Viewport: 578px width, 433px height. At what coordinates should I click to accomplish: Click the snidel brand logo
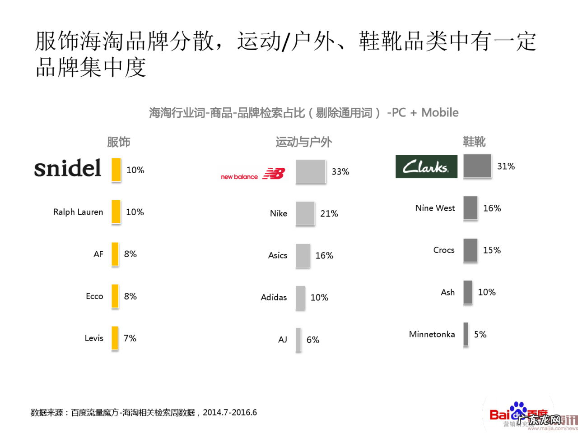(68, 169)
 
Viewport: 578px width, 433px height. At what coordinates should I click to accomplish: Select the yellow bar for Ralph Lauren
(116, 212)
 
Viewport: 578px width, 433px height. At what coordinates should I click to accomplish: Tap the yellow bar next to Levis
(115, 338)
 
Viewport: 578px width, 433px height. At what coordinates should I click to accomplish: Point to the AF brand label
(98, 254)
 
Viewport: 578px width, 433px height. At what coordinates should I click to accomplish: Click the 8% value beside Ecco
(131, 296)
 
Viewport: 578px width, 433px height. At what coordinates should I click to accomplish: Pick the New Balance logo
(253, 174)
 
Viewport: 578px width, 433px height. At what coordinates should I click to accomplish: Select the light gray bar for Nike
(305, 213)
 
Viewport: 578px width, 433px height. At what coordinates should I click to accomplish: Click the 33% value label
(340, 171)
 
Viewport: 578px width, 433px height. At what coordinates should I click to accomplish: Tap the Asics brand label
(278, 255)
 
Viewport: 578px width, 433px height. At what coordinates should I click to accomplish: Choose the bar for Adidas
(300, 297)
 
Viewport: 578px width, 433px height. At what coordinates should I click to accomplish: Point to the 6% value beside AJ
(313, 340)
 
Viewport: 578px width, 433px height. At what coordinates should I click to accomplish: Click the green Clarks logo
(426, 166)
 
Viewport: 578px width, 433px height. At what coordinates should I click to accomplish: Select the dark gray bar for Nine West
(470, 208)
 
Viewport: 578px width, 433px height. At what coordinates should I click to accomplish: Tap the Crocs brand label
(444, 250)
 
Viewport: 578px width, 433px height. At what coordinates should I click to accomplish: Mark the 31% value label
(506, 166)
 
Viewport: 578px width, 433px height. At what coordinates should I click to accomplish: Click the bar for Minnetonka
(466, 334)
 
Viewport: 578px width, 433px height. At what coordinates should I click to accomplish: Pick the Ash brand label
(448, 292)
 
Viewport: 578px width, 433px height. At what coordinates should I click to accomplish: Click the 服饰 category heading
(119, 142)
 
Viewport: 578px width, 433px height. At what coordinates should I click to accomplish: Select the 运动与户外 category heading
(304, 142)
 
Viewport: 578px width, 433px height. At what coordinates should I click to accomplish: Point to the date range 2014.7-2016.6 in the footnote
(230, 412)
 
